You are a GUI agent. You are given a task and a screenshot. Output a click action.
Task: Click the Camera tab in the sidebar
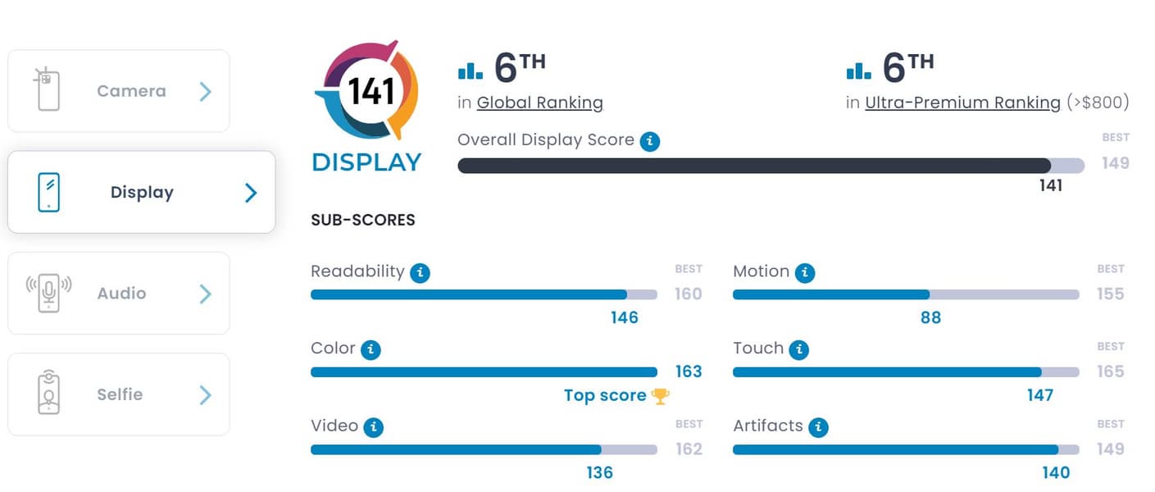click(x=119, y=91)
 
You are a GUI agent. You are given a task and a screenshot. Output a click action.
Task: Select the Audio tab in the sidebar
click(x=119, y=294)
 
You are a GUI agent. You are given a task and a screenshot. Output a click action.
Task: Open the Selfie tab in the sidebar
click(x=119, y=394)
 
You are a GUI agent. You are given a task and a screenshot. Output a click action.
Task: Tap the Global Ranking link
click(x=539, y=102)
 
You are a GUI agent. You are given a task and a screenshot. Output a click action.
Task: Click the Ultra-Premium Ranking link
click(x=962, y=102)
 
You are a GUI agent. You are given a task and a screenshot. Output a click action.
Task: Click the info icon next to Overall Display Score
click(x=649, y=141)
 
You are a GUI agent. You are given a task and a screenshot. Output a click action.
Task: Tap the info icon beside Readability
click(x=420, y=272)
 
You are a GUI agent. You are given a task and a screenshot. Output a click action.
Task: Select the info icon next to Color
click(x=371, y=349)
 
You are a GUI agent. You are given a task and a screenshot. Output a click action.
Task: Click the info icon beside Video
click(x=373, y=426)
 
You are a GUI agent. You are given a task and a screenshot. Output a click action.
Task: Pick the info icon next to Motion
click(x=805, y=272)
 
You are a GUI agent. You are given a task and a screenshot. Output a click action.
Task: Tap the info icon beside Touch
click(x=798, y=349)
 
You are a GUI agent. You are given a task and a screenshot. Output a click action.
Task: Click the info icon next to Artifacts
click(x=818, y=426)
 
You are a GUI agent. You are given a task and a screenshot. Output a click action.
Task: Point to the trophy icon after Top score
click(x=660, y=396)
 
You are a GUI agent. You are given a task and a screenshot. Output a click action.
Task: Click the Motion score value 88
click(x=930, y=317)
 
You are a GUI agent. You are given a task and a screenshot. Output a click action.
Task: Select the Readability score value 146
click(x=624, y=317)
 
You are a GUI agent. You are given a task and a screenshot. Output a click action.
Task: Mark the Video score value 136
click(x=599, y=472)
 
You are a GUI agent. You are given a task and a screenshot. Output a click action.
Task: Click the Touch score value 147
click(x=1039, y=395)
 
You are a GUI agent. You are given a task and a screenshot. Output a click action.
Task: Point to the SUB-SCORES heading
click(x=362, y=220)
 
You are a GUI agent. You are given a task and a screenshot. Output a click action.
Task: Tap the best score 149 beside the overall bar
click(x=1115, y=163)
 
